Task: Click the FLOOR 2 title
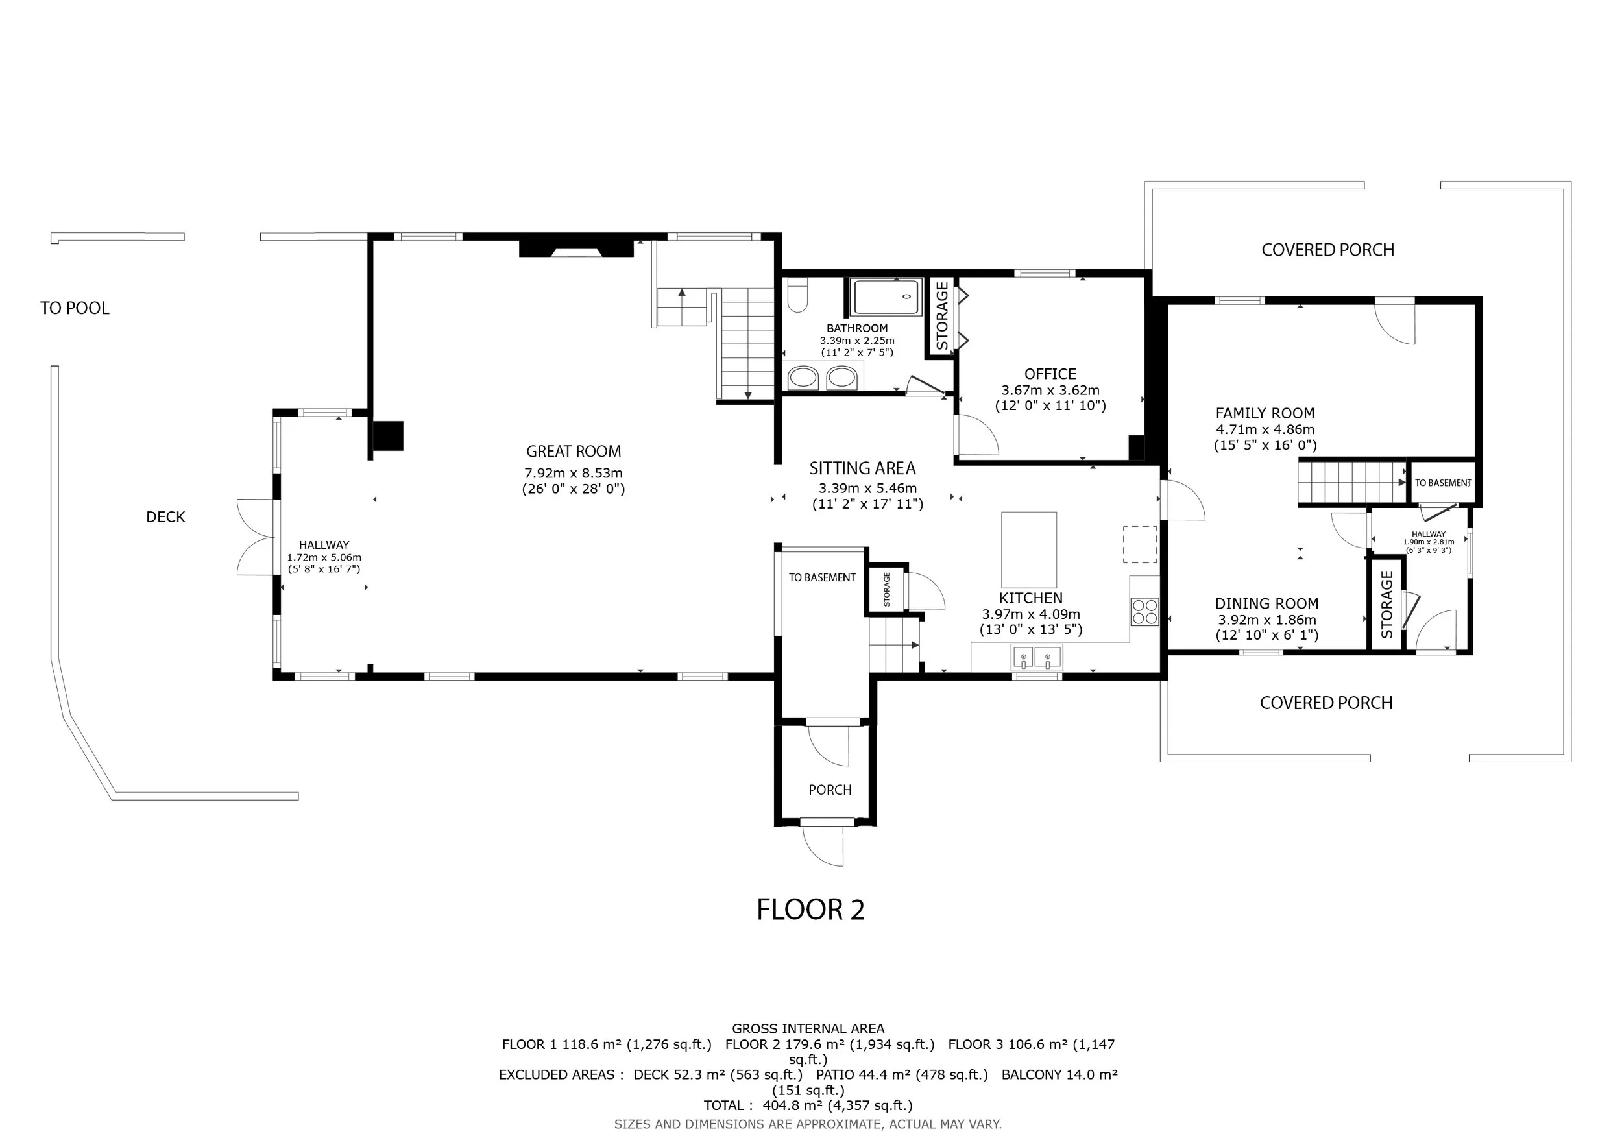pos(810,910)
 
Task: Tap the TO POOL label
pos(75,308)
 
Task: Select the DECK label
pos(165,517)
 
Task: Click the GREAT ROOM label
pos(574,452)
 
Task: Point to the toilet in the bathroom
pos(797,295)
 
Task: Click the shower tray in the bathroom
pos(887,297)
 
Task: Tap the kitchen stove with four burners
pos(1144,612)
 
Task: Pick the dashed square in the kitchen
pos(1140,544)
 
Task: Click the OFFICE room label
pos(1050,374)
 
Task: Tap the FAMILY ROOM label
pos(1265,413)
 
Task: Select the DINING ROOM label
pos(1266,604)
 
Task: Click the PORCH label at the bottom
pos(830,790)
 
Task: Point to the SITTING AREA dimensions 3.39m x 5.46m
pos(867,488)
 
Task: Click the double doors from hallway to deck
pos(256,537)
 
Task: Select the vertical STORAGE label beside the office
pos(941,317)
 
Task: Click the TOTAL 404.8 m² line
pos(808,1105)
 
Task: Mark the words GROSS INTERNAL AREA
pos(808,1029)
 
